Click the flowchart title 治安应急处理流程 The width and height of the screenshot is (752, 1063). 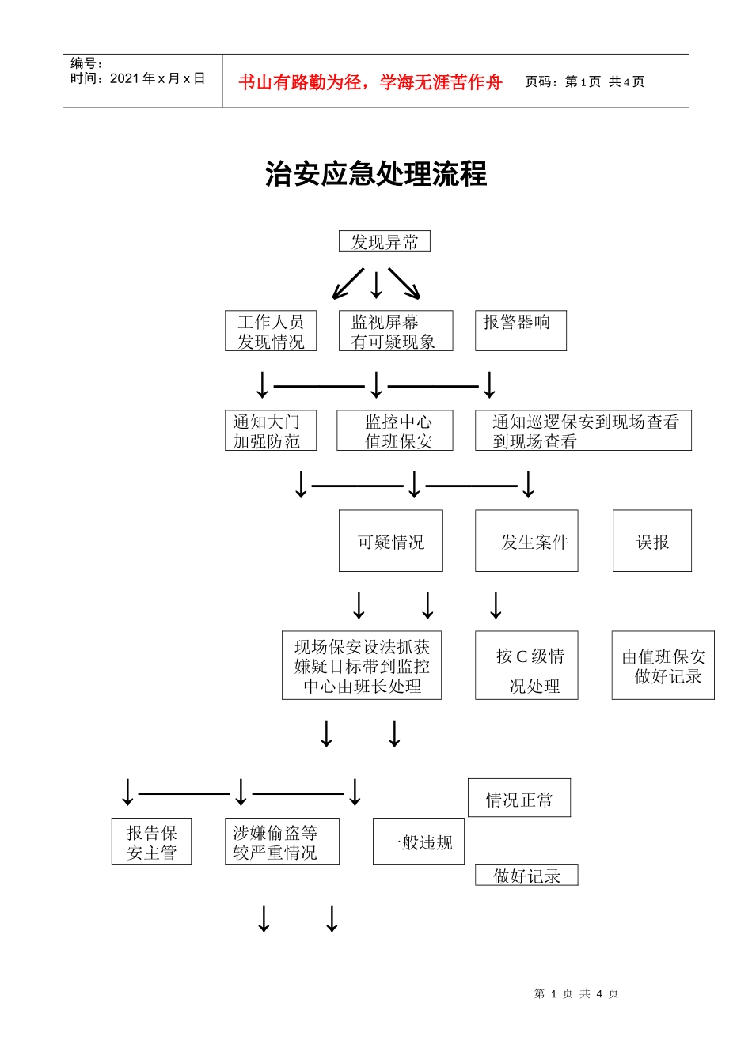pyautogui.click(x=376, y=174)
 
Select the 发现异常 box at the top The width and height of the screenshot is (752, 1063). pyautogui.click(x=384, y=242)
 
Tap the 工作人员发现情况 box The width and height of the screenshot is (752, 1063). pyautogui.click(x=271, y=331)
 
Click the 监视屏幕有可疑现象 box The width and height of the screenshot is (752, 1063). pyautogui.click(x=395, y=331)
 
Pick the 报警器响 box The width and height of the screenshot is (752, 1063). pyautogui.click(x=520, y=331)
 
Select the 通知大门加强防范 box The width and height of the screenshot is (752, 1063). pyautogui.click(x=270, y=431)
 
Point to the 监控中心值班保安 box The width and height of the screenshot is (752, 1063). pyautogui.click(x=395, y=431)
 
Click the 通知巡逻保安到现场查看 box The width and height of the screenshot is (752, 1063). pyautogui.click(x=583, y=431)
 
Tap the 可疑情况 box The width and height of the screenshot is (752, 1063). pyautogui.click(x=390, y=542)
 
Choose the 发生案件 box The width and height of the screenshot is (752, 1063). pyautogui.click(x=526, y=542)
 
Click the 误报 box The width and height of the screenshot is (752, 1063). pyautogui.click(x=652, y=542)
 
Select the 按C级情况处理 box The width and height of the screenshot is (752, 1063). pyautogui.click(x=526, y=666)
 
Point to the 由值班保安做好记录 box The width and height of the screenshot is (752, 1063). pyautogui.click(x=663, y=666)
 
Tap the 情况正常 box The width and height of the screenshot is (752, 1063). pyautogui.click(x=518, y=799)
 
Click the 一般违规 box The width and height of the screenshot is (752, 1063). pyautogui.click(x=418, y=842)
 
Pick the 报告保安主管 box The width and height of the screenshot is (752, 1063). pyautogui.click(x=151, y=842)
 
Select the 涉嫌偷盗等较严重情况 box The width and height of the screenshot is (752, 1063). pyautogui.click(x=282, y=842)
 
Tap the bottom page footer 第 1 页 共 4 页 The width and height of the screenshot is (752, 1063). pyautogui.click(x=576, y=993)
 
